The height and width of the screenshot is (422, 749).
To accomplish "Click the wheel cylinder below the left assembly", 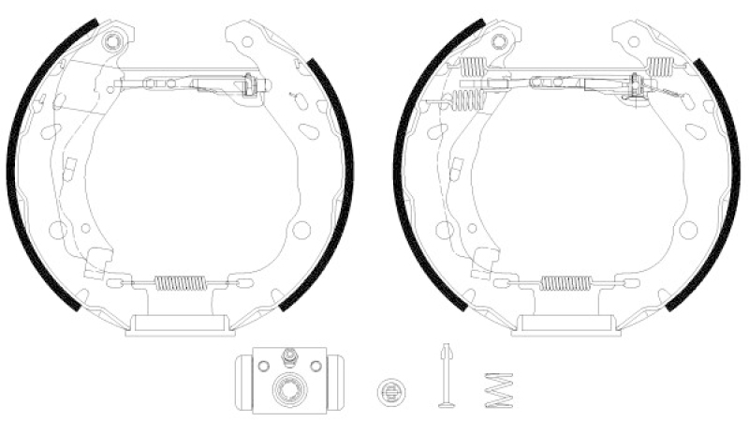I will tap(290, 379).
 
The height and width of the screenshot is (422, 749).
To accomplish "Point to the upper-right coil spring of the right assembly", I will tap(661, 65).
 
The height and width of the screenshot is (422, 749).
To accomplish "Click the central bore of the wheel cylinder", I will tap(290, 387).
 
